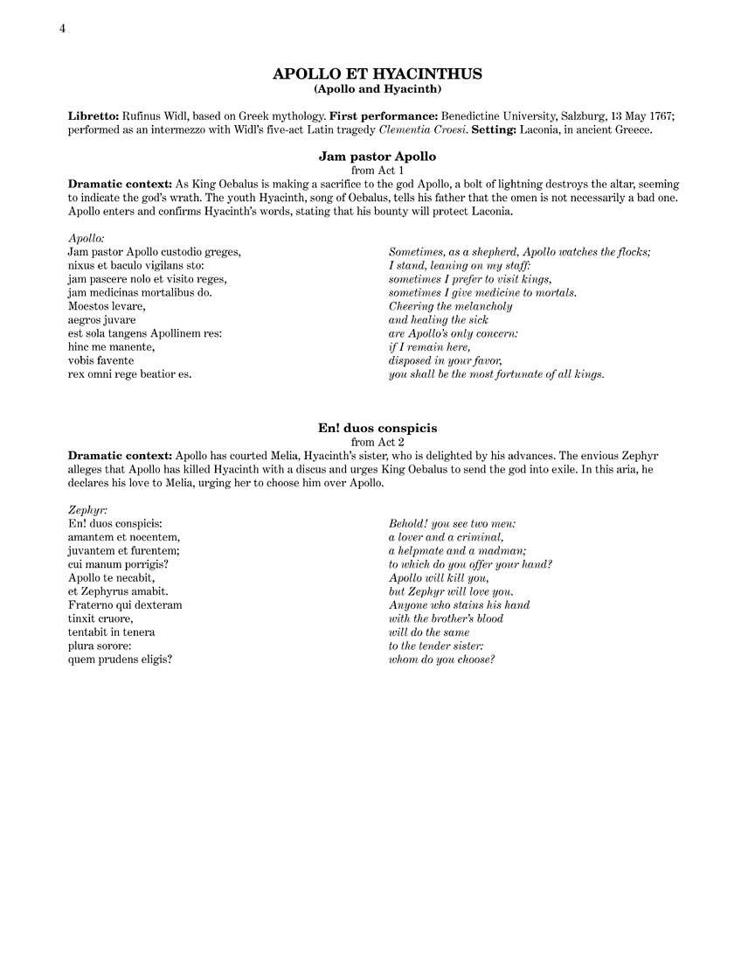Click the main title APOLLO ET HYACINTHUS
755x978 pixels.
(x=377, y=74)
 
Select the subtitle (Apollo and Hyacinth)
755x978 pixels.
(x=377, y=89)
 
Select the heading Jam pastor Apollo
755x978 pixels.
(x=377, y=157)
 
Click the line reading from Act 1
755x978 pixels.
(x=377, y=171)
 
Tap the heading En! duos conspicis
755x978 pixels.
(x=377, y=428)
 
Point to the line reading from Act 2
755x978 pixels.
(x=377, y=442)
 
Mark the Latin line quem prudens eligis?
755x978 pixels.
(x=120, y=659)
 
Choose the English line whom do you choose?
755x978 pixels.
(x=441, y=659)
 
